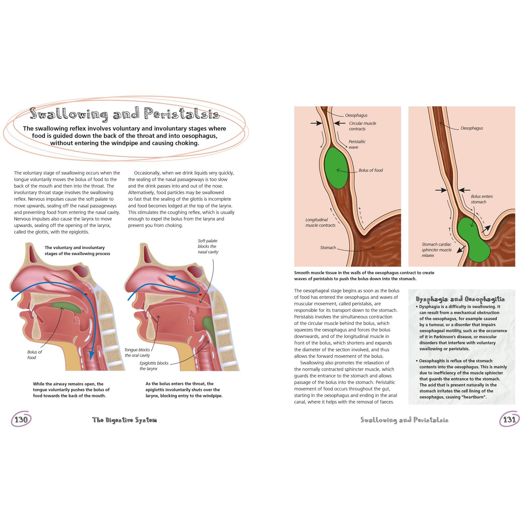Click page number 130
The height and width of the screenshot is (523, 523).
21,420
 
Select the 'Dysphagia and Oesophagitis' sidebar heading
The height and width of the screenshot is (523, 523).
460,299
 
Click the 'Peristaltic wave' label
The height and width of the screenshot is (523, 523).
357,144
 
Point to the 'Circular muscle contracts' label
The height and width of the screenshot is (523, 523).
363,126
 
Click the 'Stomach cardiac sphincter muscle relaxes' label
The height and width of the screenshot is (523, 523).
437,250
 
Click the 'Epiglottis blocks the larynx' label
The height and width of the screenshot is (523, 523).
154,366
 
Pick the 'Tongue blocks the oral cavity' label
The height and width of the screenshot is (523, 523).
137,353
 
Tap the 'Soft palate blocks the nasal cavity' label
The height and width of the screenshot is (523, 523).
208,246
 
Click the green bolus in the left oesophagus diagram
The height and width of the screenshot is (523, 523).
337,168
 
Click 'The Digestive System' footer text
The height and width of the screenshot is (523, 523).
125,420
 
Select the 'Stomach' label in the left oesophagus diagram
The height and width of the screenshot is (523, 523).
328,247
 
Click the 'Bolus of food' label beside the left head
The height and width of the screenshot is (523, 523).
35,355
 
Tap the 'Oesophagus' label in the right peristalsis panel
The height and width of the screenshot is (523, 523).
472,128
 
